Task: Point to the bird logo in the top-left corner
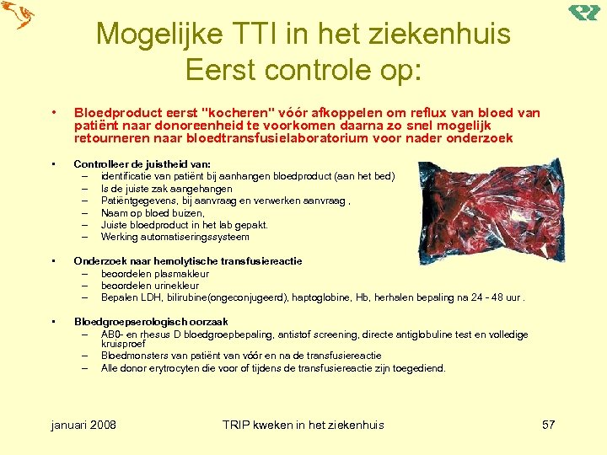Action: pyautogui.click(x=18, y=16)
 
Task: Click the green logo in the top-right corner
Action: pyautogui.click(x=583, y=13)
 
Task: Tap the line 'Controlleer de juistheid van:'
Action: pyautogui.click(x=142, y=164)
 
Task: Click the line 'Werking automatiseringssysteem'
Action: pyautogui.click(x=175, y=237)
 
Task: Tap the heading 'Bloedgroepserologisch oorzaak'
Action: pyautogui.click(x=151, y=322)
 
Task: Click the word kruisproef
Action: pyautogui.click(x=123, y=344)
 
